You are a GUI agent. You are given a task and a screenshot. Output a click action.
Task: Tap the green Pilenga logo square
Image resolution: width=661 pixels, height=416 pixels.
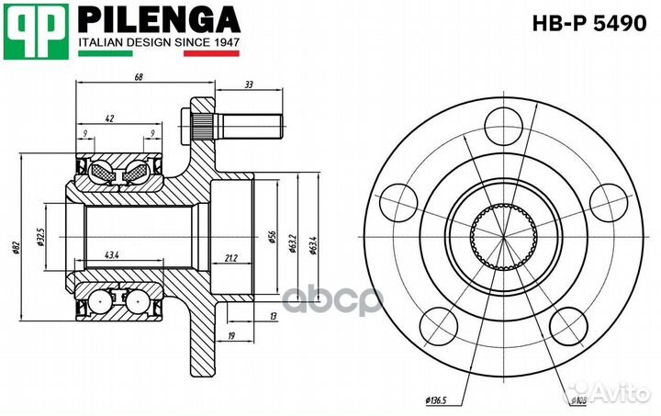pyautogui.click(x=36, y=29)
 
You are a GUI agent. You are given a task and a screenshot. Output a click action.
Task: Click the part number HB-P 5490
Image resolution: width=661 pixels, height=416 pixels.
pyautogui.click(x=589, y=24)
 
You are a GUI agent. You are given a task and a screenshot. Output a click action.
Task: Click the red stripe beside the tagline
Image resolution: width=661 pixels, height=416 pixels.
pyautogui.click(x=211, y=54)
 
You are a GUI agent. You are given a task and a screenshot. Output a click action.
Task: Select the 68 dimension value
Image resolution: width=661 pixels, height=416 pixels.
pyautogui.click(x=138, y=77)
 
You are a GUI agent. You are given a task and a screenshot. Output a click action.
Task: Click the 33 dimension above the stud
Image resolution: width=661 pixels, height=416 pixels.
pyautogui.click(x=249, y=84)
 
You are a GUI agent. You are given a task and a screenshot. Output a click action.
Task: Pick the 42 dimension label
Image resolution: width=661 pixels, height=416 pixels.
pyautogui.click(x=110, y=118)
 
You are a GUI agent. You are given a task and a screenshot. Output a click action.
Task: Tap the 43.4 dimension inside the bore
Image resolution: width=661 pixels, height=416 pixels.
pyautogui.click(x=113, y=254)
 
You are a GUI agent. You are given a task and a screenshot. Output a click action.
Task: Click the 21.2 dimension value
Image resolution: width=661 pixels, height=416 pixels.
pyautogui.click(x=230, y=258)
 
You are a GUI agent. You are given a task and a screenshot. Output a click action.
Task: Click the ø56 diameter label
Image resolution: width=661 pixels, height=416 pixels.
pyautogui.click(x=273, y=237)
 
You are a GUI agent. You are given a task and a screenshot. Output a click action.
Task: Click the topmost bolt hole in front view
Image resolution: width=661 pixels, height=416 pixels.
pyautogui.click(x=502, y=125)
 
